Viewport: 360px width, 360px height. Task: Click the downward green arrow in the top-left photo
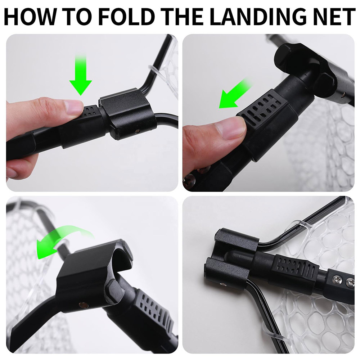[x=81, y=75]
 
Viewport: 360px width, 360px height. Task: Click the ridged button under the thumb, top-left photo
[x=90, y=111]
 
